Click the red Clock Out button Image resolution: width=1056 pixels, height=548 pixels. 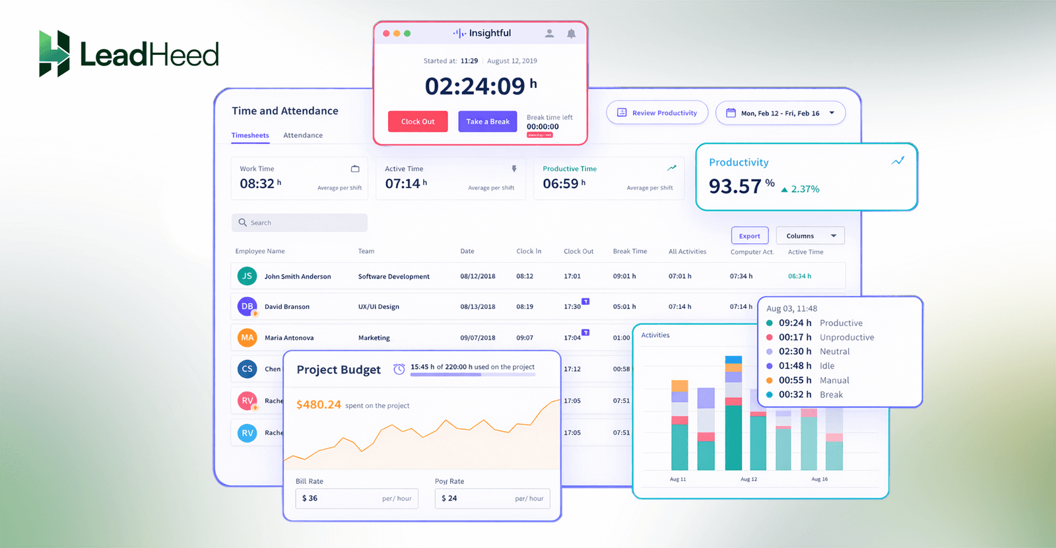[x=418, y=121]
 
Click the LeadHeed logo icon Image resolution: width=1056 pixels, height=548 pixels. [x=54, y=53]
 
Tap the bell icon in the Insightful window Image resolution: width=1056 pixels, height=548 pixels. [x=571, y=34]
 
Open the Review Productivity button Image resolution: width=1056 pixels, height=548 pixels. [x=657, y=113]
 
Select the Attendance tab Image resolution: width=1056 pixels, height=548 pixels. [x=303, y=135]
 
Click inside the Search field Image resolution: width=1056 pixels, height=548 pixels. [x=300, y=223]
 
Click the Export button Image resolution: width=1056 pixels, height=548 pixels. [x=749, y=236]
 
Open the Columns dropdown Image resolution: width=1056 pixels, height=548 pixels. [x=810, y=236]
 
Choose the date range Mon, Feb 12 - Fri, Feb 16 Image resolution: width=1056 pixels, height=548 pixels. [x=780, y=113]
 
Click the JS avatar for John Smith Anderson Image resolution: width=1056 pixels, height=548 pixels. [x=247, y=276]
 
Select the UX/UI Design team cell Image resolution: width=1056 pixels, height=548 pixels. [x=378, y=306]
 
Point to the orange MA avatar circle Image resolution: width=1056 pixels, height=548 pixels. [x=247, y=337]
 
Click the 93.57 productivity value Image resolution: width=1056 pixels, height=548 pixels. [x=735, y=187]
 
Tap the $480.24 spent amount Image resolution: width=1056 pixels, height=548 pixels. [x=319, y=405]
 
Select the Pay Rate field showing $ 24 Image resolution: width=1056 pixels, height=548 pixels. [x=492, y=498]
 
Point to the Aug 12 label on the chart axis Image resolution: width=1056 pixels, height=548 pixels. [x=748, y=479]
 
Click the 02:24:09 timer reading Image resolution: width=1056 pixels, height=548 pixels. [x=475, y=86]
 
